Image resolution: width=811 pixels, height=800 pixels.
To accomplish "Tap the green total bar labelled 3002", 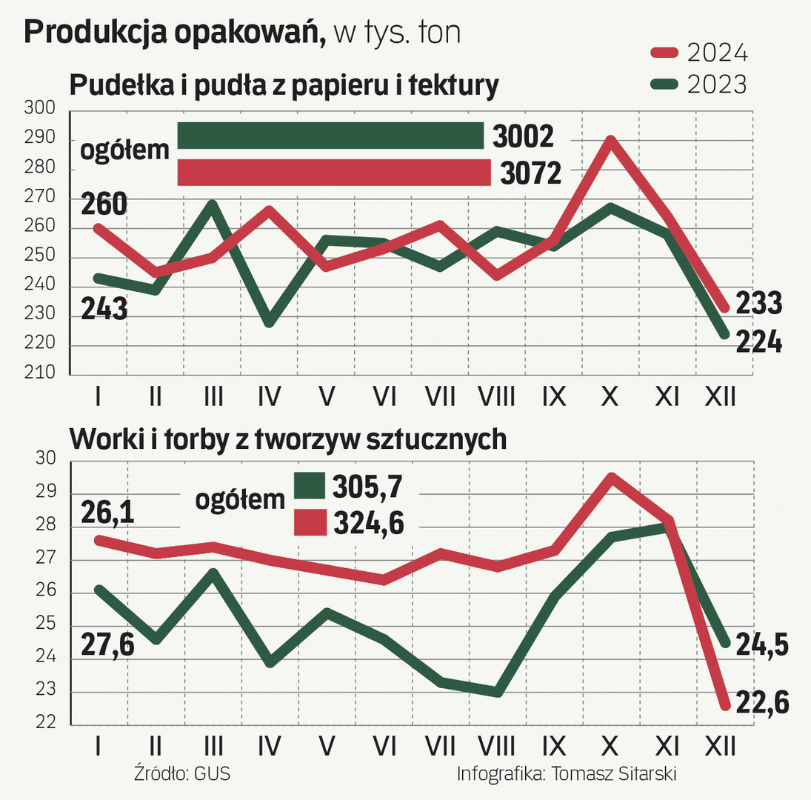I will point(330,136).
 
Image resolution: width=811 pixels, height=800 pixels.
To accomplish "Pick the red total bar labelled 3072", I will point(334,172).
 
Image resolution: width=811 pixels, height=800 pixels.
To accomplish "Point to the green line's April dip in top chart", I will point(269,323).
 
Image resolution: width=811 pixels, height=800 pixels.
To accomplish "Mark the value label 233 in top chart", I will point(758,303).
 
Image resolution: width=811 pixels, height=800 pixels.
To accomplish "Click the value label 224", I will point(758,342).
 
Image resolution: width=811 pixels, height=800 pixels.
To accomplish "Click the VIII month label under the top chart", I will point(496,398).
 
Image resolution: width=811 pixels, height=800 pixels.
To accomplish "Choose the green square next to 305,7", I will point(310,487).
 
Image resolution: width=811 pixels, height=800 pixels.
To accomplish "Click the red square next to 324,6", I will point(310,522).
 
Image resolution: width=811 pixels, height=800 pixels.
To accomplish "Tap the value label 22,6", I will point(762,700).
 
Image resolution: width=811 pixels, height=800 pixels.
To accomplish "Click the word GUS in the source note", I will point(212,774).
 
